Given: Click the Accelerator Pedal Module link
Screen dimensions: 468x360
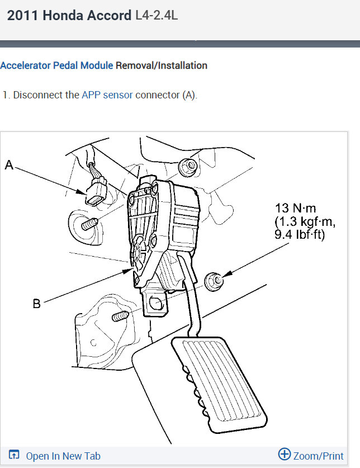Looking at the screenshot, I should click(56, 65).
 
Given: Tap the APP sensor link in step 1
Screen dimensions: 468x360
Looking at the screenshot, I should click(107, 95).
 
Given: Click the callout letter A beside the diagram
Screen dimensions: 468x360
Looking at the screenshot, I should click(9, 164).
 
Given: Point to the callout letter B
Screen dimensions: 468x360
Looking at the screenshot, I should click(36, 304).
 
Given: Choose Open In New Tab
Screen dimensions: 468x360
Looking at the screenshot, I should click(55, 456).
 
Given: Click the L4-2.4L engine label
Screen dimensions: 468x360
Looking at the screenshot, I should click(157, 15).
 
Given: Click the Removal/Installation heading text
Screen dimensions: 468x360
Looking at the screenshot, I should click(162, 65).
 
